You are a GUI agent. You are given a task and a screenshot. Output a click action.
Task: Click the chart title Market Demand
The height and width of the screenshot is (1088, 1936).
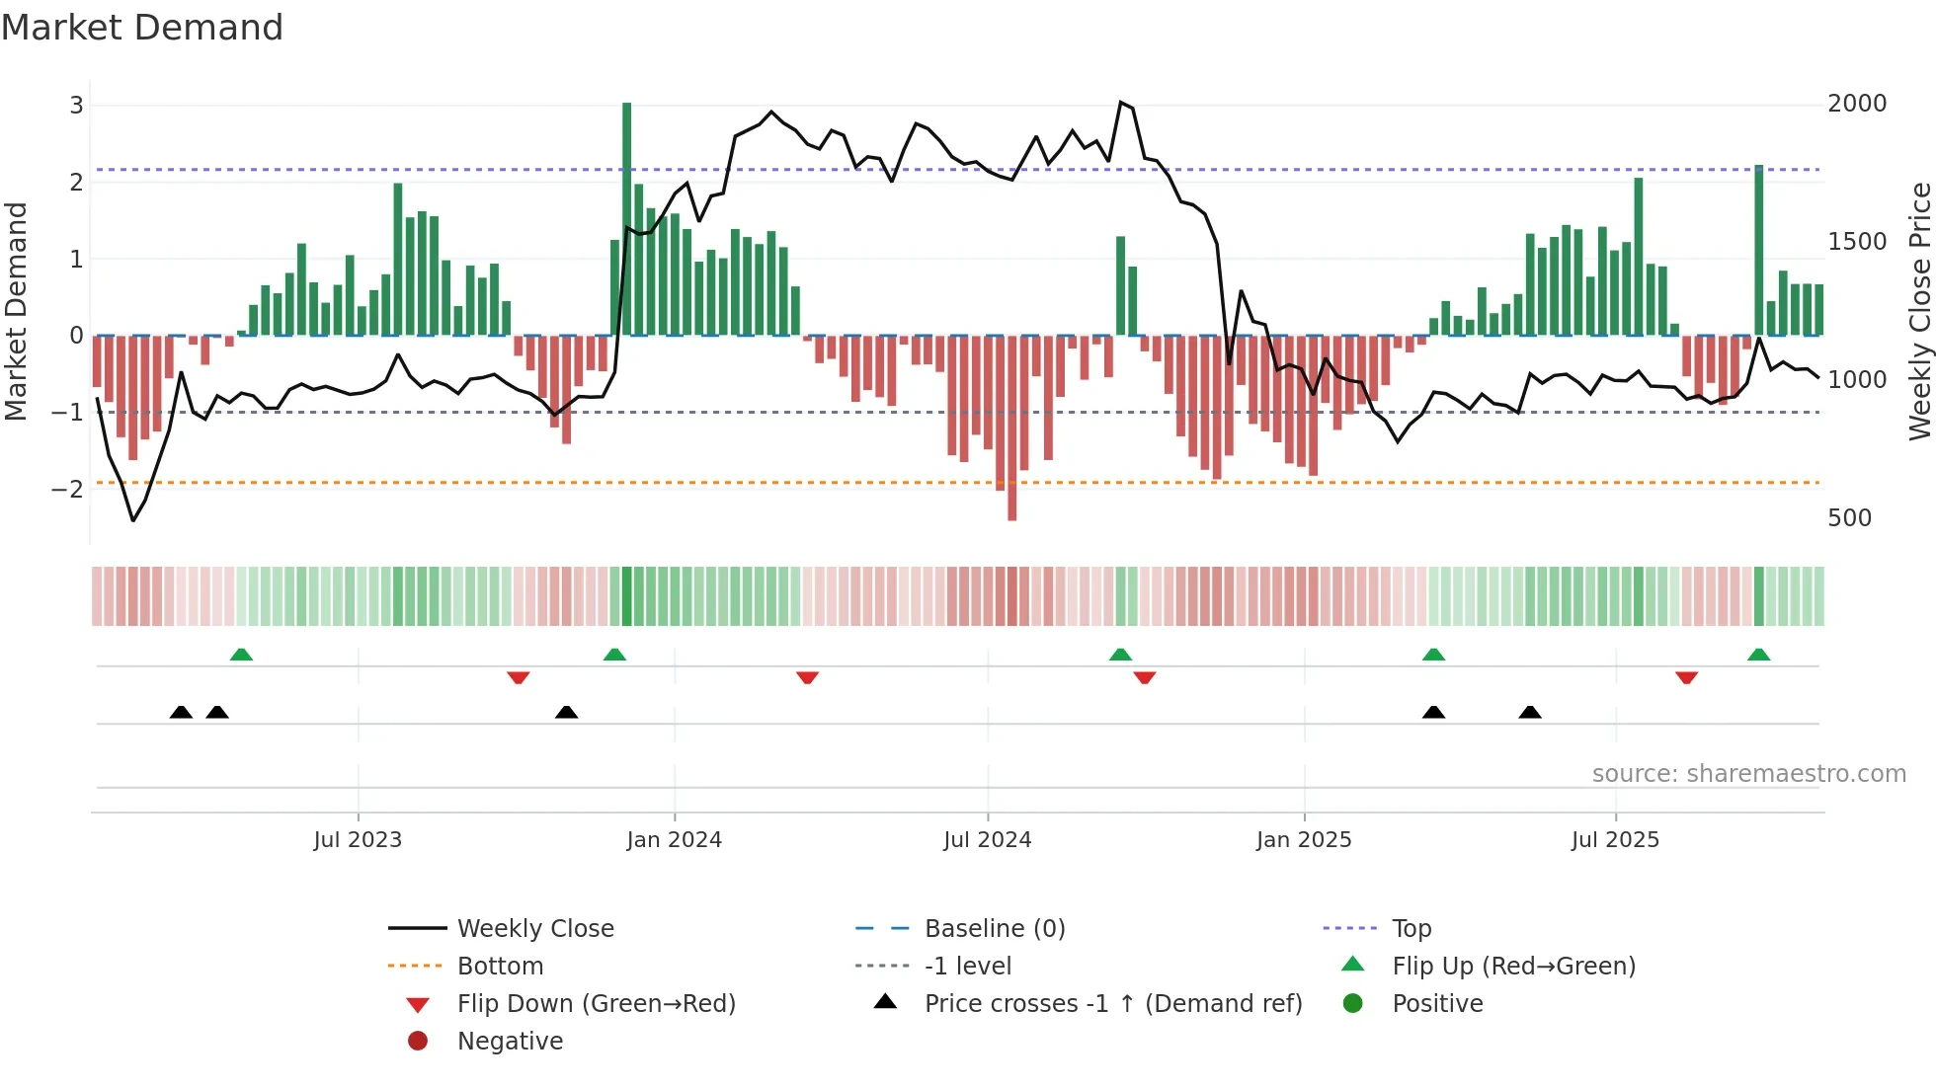(142, 28)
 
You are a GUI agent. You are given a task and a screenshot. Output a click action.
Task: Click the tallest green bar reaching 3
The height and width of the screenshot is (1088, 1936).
(626, 217)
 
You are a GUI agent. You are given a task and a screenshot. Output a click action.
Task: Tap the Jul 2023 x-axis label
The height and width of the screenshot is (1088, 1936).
(358, 840)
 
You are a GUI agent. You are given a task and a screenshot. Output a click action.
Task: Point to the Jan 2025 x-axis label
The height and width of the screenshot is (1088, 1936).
(1304, 840)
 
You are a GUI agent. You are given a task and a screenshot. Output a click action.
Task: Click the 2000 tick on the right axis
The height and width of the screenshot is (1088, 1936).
(1856, 104)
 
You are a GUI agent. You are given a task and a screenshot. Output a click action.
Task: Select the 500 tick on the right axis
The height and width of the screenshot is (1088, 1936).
(1849, 518)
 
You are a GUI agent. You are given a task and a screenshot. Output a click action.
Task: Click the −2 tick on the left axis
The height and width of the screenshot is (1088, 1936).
(67, 490)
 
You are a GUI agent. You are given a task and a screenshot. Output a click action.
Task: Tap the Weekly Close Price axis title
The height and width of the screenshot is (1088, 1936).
(1919, 311)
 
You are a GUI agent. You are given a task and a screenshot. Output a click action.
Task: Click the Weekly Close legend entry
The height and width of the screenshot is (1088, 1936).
(534, 929)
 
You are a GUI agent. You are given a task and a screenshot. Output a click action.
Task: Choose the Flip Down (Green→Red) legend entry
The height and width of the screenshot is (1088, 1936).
(596, 1004)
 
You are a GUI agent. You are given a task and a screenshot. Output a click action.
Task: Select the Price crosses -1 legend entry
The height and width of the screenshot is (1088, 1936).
(1112, 1004)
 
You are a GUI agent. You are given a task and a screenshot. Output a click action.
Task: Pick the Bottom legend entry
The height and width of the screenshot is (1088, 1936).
(500, 967)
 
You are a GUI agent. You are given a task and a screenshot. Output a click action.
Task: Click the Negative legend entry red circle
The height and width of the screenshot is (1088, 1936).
(418, 1042)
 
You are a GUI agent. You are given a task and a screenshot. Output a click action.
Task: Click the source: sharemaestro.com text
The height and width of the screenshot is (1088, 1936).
(1748, 774)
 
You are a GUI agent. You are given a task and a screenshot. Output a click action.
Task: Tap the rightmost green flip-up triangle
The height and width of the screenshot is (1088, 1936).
(1758, 655)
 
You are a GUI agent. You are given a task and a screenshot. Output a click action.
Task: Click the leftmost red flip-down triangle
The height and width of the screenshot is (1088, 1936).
(519, 677)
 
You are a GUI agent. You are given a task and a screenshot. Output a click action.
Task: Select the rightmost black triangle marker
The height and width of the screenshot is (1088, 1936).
(1529, 712)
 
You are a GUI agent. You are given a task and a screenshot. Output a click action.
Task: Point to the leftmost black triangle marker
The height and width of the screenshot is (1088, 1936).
(181, 712)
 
